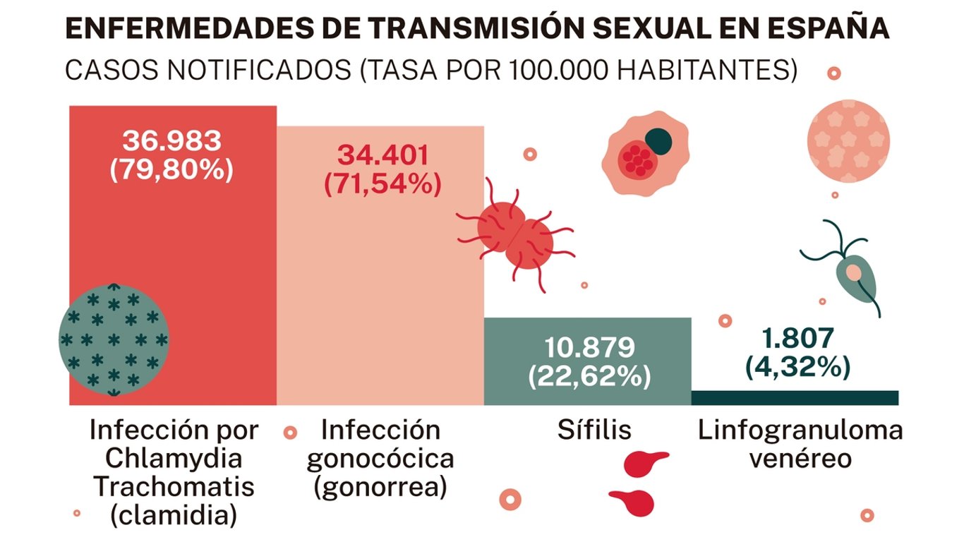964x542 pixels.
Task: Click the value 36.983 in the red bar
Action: tap(171, 141)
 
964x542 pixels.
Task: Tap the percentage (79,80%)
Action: tap(171, 170)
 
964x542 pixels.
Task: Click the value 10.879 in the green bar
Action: tap(589, 347)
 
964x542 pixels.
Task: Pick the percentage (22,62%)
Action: tap(589, 376)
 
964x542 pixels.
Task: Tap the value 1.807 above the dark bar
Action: tap(797, 339)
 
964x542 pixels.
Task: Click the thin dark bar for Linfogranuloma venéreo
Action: tap(795, 397)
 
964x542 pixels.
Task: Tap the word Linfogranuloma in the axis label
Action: tap(800, 430)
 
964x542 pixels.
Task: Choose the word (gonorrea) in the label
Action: tap(380, 488)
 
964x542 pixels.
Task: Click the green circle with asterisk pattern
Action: tap(114, 339)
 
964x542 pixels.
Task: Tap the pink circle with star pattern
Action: tap(848, 141)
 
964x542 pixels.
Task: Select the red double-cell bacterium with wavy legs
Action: tap(515, 236)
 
